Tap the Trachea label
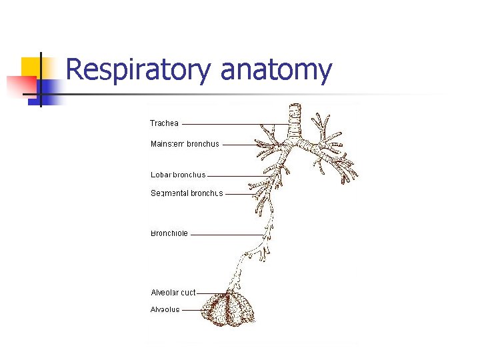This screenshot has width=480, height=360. click(164, 123)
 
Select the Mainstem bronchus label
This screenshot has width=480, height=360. click(185, 144)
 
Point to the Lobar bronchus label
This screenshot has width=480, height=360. click(178, 175)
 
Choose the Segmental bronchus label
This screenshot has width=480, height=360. click(187, 194)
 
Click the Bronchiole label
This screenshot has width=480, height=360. click(169, 234)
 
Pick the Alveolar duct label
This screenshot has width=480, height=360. click(173, 293)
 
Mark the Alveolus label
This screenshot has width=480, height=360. click(165, 310)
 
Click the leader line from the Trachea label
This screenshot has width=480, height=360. click(233, 124)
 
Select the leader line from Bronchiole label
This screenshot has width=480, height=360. click(227, 235)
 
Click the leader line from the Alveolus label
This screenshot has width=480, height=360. click(193, 310)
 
